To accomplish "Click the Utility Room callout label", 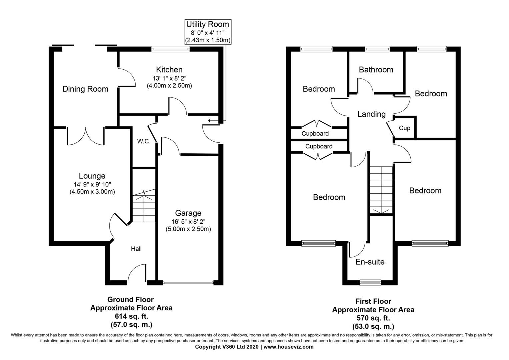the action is [207, 24].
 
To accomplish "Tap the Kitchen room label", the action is [169, 70].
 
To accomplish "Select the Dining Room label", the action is [85, 89].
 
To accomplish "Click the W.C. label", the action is [144, 141].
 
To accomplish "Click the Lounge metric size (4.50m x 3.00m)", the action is [92, 192].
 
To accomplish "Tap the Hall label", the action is [136, 249].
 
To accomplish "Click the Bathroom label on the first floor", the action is [376, 70].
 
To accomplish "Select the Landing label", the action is [371, 114].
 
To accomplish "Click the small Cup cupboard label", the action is [405, 128].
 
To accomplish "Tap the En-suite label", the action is [370, 262].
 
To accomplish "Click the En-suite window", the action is [370, 283].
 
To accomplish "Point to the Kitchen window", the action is [170, 49].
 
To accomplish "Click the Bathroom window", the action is [377, 49].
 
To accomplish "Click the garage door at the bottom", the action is [188, 283].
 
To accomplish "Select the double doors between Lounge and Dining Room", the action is [86, 136].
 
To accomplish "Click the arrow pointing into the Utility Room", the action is [211, 120].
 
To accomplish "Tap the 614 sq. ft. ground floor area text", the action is [131, 316].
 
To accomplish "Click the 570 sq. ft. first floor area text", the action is [373, 318].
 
